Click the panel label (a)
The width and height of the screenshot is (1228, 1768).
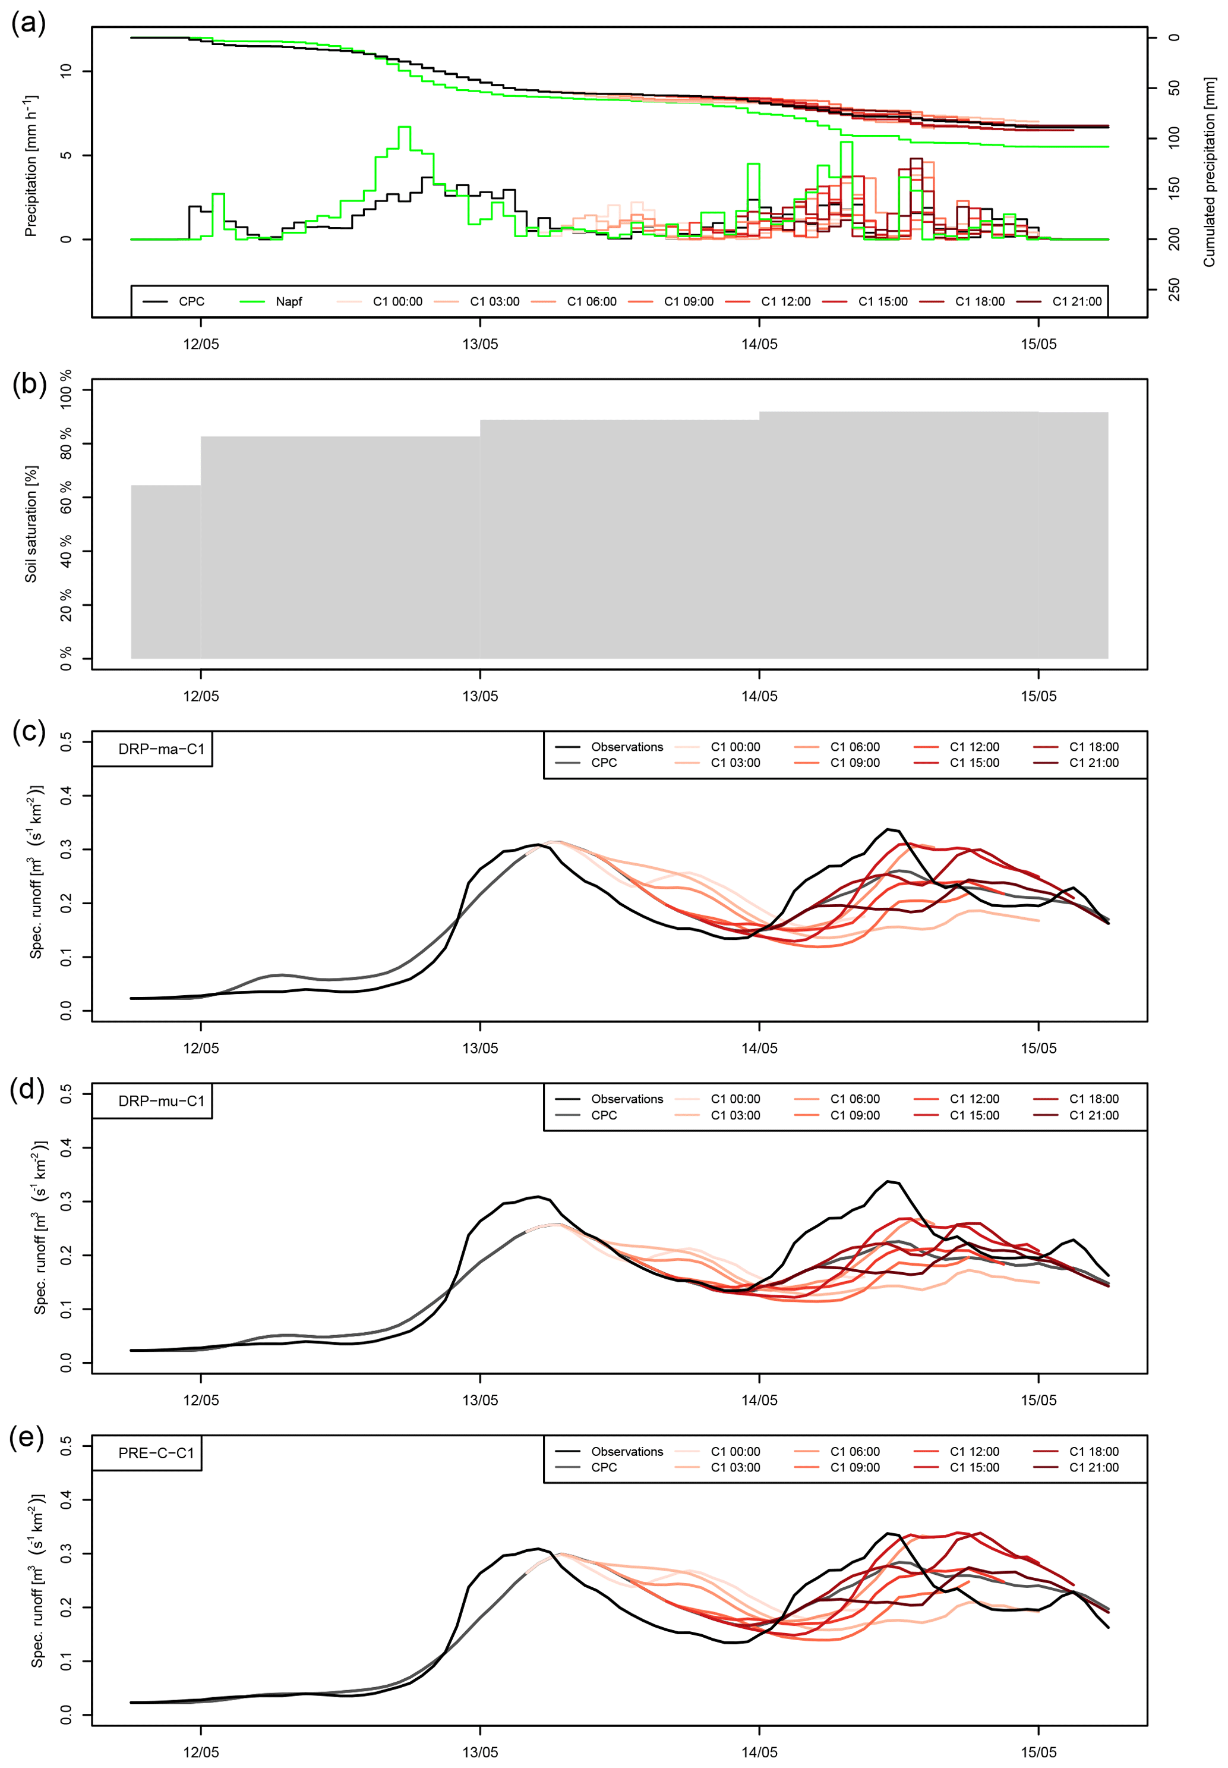click(x=29, y=23)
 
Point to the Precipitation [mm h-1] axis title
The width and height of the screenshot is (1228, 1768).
click(x=31, y=165)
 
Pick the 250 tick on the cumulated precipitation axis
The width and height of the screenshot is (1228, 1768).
click(x=1174, y=290)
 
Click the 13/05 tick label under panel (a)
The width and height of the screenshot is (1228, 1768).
click(x=480, y=344)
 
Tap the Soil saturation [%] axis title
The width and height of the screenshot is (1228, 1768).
click(x=31, y=523)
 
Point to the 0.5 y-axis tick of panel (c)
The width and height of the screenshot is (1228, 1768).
click(x=66, y=742)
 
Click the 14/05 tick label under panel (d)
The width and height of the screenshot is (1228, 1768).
click(x=759, y=1400)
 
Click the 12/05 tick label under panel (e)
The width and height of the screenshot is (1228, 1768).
click(x=201, y=1753)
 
